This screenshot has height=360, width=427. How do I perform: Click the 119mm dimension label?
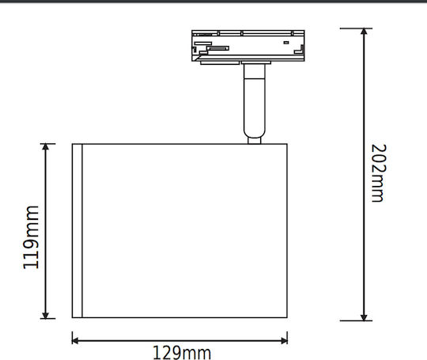click(31, 237)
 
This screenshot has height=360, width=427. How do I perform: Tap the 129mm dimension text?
click(182, 353)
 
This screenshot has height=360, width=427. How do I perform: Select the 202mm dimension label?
click(379, 173)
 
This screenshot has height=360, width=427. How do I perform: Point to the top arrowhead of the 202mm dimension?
click(364, 32)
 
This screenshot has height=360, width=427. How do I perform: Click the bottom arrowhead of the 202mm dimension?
click(364, 317)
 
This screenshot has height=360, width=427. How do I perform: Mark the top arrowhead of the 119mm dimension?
click(46, 146)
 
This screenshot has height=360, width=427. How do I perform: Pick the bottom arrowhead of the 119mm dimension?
click(46, 315)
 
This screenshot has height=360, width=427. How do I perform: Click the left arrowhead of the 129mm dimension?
click(75, 340)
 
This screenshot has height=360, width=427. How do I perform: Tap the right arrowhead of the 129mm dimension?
click(285, 340)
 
